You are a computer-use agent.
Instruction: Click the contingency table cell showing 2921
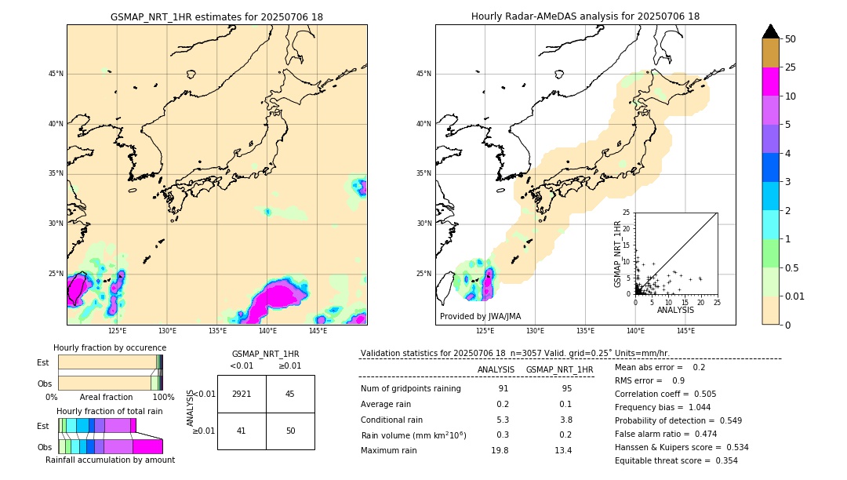[242, 394]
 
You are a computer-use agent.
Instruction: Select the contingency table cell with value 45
[290, 394]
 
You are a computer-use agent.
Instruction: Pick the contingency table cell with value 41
[242, 431]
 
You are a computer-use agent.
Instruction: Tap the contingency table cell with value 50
[290, 431]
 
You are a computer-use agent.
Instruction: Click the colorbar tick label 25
[791, 67]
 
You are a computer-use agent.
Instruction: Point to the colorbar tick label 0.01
[795, 296]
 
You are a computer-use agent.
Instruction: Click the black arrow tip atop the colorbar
[771, 30]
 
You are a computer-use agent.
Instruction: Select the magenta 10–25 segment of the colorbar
[771, 82]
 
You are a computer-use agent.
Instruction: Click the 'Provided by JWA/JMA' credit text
[480, 316]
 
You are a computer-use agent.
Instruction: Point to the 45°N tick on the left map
[56, 74]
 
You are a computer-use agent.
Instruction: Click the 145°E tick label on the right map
[685, 331]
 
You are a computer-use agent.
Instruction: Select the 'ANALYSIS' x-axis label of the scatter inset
[675, 310]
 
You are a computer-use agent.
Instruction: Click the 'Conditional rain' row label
[392, 420]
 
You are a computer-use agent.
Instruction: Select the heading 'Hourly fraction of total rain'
[110, 411]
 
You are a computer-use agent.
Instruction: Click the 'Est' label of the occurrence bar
[43, 362]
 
